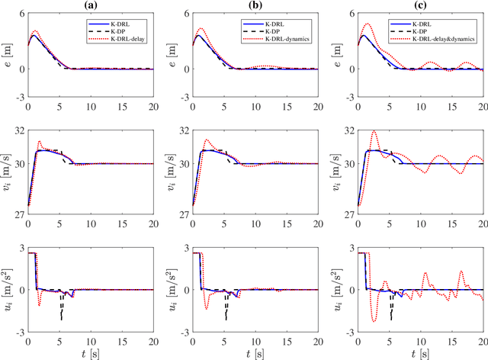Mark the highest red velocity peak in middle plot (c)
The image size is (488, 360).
point(374,132)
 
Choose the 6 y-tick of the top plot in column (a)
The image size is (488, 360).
point(21,13)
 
